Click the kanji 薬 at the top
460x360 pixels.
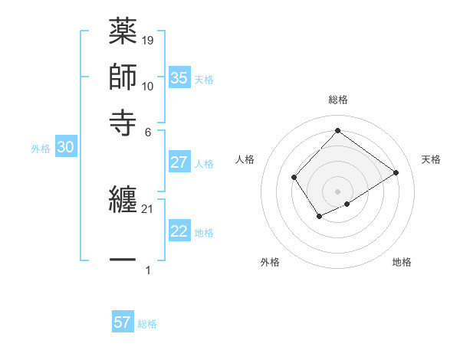pos(123,32)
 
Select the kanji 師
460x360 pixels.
pos(123,77)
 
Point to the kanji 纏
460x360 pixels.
pos(123,201)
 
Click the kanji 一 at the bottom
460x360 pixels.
pos(123,260)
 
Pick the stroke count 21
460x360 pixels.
pos(148,209)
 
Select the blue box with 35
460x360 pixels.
pos(179,77)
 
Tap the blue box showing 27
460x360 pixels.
pos(179,162)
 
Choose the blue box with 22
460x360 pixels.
pos(179,231)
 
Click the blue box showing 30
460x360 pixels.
pos(65,148)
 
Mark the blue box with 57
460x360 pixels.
pos(122,322)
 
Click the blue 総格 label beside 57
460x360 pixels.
pos(147,324)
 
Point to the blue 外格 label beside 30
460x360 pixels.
pos(41,149)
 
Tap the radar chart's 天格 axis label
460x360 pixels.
pos(431,159)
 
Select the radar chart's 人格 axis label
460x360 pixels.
pos(245,159)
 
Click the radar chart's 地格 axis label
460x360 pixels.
pos(402,262)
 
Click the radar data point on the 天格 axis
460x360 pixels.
pos(396,172)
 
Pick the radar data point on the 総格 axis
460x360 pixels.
pos(337,130)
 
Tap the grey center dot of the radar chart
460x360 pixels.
pos(337,191)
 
